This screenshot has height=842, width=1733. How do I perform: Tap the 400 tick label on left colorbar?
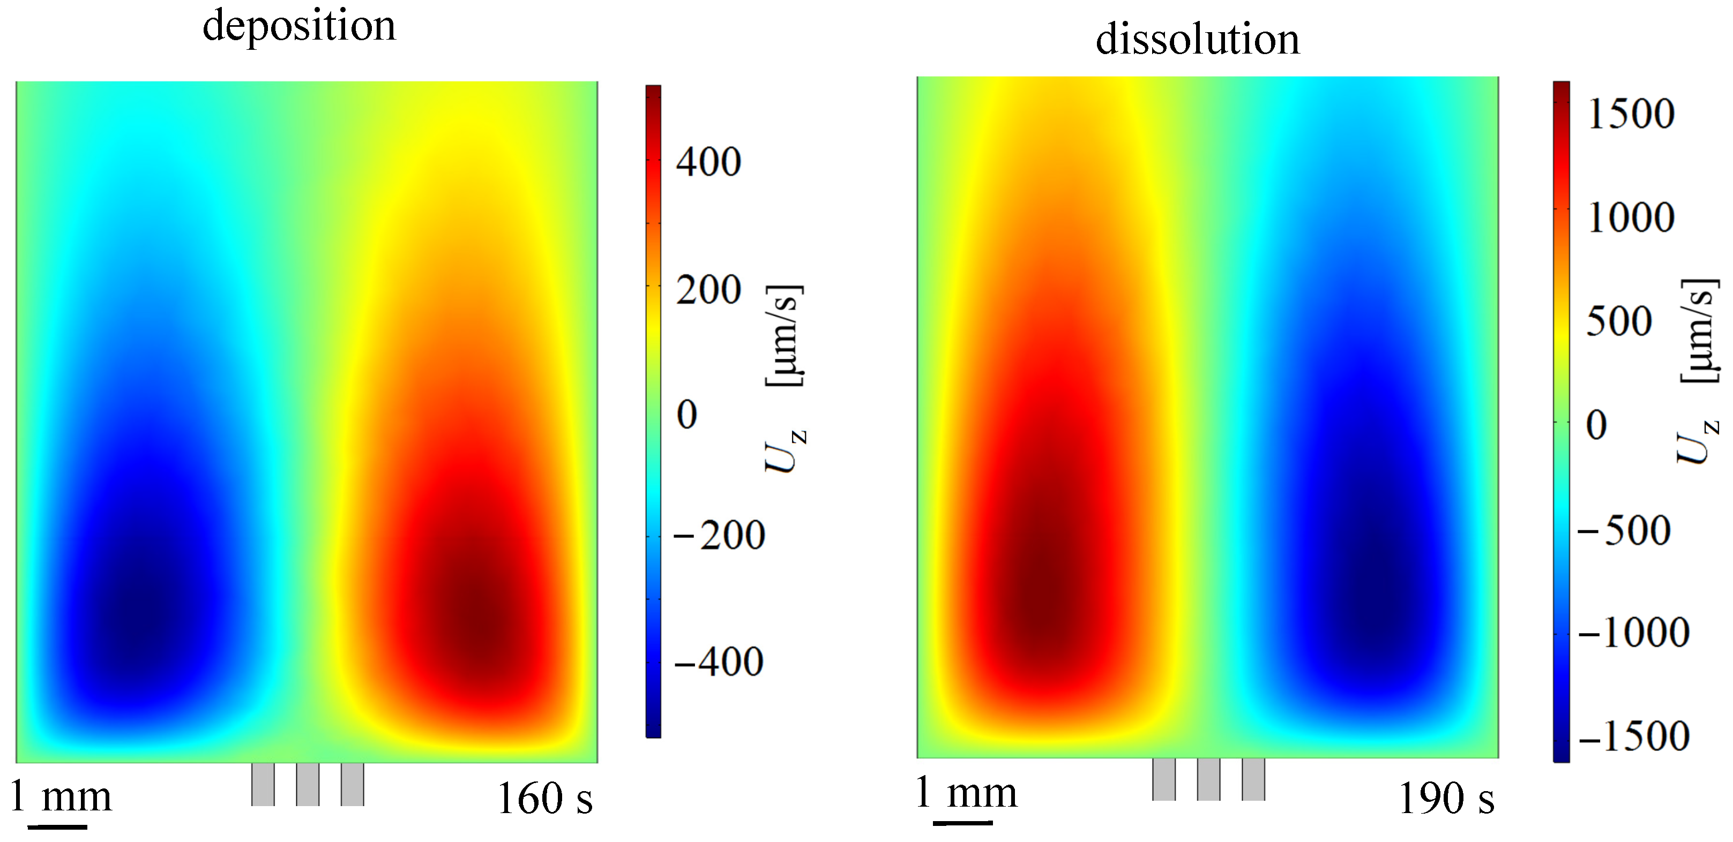(708, 162)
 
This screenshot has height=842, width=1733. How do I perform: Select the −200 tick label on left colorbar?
(719, 536)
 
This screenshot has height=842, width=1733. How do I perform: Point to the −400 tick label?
(719, 662)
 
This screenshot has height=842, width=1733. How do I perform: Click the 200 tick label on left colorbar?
(708, 291)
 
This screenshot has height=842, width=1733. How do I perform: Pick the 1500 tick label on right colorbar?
(1631, 114)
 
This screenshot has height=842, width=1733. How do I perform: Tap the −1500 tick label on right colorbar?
(1633, 736)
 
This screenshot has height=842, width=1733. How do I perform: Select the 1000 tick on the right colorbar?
(1631, 219)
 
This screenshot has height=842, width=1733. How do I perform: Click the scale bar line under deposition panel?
(57, 826)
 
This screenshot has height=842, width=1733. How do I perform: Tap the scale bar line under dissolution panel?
(962, 821)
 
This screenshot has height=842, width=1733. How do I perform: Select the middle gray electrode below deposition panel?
(308, 784)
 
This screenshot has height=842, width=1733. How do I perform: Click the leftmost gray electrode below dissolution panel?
(1164, 779)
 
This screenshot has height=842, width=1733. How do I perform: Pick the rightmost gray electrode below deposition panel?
(353, 784)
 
